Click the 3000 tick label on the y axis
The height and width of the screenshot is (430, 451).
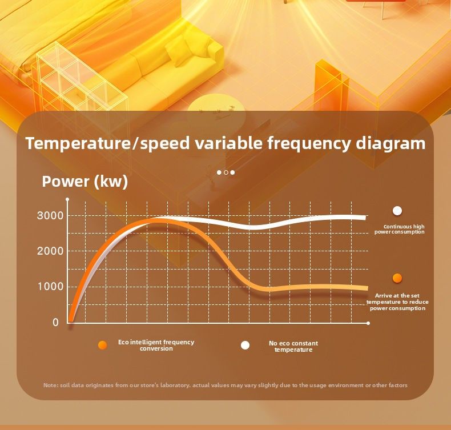[47, 216]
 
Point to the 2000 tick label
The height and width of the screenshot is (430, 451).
[47, 251]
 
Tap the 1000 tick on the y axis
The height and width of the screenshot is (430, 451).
[47, 287]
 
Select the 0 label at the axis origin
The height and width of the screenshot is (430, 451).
[55, 323]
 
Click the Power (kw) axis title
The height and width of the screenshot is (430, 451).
[85, 182]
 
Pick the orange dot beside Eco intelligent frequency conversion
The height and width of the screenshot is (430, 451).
[103, 345]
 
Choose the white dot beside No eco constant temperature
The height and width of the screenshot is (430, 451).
[245, 345]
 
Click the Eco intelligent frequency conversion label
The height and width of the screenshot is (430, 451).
[156, 345]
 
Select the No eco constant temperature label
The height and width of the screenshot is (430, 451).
[293, 346]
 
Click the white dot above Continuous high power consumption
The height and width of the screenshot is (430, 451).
[397, 211]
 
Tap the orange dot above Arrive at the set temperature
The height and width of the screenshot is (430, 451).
[397, 278]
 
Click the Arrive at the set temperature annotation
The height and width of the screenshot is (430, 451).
[397, 302]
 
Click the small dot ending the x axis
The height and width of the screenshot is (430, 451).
[368, 323]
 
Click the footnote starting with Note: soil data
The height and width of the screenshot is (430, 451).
[226, 385]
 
